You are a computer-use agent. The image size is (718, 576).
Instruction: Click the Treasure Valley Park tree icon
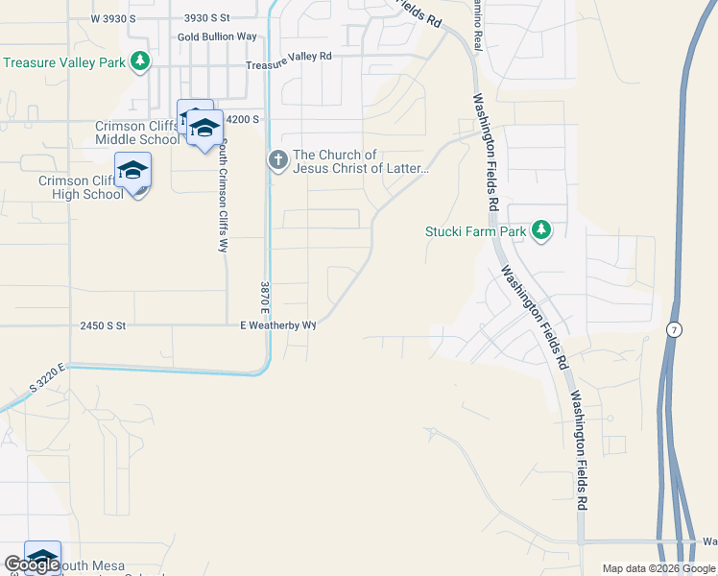141,62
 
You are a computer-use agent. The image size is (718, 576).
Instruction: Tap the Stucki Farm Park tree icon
541,230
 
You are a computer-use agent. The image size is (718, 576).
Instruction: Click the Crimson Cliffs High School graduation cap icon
132,171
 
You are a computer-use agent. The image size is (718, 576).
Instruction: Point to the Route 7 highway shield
676,329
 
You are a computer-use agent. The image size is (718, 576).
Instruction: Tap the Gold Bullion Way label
217,36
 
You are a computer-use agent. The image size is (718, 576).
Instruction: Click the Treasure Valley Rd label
288,57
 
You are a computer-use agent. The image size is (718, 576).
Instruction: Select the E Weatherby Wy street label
278,325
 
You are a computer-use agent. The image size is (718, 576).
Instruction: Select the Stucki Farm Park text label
476,230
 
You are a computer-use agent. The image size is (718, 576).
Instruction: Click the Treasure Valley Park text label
65,62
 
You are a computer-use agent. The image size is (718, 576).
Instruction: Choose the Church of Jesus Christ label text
360,162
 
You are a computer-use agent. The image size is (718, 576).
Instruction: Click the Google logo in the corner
32,564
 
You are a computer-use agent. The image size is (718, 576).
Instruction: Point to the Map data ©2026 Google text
658,568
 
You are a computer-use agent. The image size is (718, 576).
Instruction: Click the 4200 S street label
242,119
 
